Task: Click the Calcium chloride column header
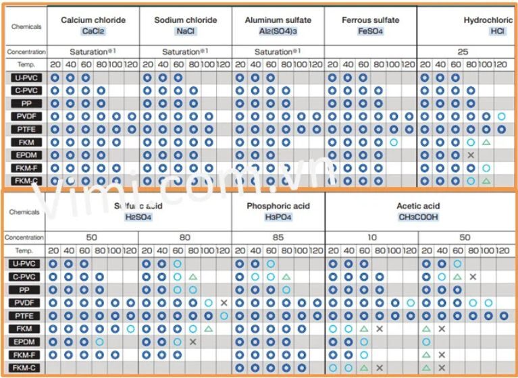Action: pos(93,20)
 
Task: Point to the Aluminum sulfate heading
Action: pos(278,20)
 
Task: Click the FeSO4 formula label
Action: pos(370,32)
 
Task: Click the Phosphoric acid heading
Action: pos(278,206)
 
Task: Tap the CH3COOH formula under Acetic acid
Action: pos(418,217)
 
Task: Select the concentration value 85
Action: pos(278,238)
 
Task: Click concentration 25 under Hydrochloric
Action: pos(463,51)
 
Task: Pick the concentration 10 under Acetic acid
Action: pos(371,238)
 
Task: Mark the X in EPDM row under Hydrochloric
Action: pos(471,155)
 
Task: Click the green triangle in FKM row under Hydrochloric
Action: pos(486,142)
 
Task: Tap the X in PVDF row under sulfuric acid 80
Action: pos(224,303)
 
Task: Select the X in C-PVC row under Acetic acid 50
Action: pos(473,277)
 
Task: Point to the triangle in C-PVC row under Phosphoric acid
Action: pos(286,277)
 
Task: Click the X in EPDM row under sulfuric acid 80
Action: pos(192,342)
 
